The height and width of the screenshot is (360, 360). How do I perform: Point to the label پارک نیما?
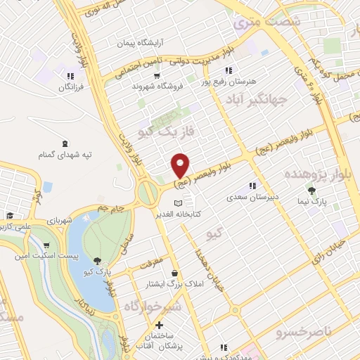321,200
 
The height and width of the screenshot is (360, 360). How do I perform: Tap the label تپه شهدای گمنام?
74,154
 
